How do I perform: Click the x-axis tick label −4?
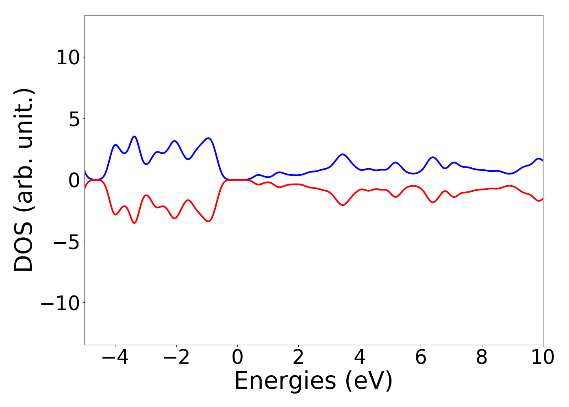(x=115, y=358)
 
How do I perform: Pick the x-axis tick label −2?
(x=176, y=358)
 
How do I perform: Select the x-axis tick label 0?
(x=237, y=358)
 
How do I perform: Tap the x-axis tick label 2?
(x=298, y=358)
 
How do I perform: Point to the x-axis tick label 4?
(x=360, y=358)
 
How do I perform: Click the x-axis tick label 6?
(x=421, y=358)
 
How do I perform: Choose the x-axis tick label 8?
(x=482, y=358)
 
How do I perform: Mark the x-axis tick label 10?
(x=542, y=358)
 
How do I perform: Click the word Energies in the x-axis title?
(x=285, y=381)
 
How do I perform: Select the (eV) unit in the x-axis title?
(x=369, y=381)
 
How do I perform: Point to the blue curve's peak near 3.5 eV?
(x=343, y=154)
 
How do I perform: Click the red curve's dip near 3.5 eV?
(x=343, y=205)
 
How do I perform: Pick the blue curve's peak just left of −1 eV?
(x=208, y=138)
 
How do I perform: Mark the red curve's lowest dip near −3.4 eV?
(x=135, y=223)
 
